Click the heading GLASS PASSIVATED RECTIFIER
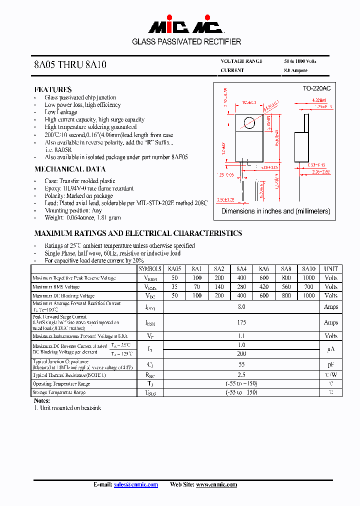(186, 42)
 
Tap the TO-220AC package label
(316, 88)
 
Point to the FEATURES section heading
(53, 89)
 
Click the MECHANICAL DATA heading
(69, 169)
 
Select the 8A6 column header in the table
(263, 269)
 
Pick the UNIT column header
(330, 269)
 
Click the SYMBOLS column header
(150, 269)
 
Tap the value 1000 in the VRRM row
(308, 278)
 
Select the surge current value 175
(241, 322)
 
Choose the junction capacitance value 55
(241, 365)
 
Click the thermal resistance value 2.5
(241, 375)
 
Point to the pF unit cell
(330, 365)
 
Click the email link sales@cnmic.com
(136, 484)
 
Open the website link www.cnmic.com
(216, 484)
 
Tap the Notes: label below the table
(42, 401)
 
